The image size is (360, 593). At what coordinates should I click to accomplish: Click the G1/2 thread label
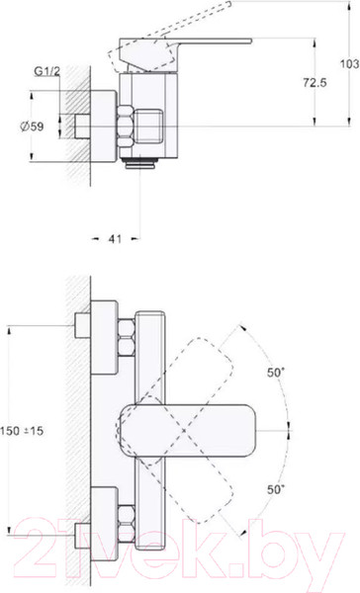[x=47, y=71]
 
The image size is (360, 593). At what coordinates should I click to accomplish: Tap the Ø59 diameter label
[x=32, y=127]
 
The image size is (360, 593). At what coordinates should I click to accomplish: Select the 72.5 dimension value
[x=315, y=82]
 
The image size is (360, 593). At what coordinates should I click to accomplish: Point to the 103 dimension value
[x=350, y=63]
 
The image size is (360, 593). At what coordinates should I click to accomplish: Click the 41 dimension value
[x=115, y=238]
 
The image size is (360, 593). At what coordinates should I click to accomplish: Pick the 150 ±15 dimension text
[x=22, y=431]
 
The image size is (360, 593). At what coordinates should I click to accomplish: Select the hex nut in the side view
[x=126, y=127]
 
